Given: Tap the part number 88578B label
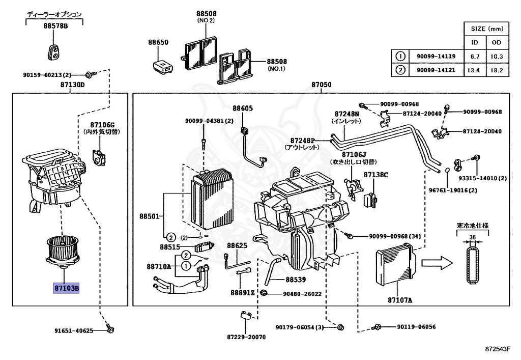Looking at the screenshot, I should click(54, 26).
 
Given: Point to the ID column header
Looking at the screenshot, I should click(475, 42).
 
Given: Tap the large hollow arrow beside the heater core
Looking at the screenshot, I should click(436, 263).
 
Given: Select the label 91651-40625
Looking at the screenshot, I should click(74, 331).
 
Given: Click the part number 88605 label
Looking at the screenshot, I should click(243, 108).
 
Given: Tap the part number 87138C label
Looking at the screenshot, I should click(375, 175).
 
